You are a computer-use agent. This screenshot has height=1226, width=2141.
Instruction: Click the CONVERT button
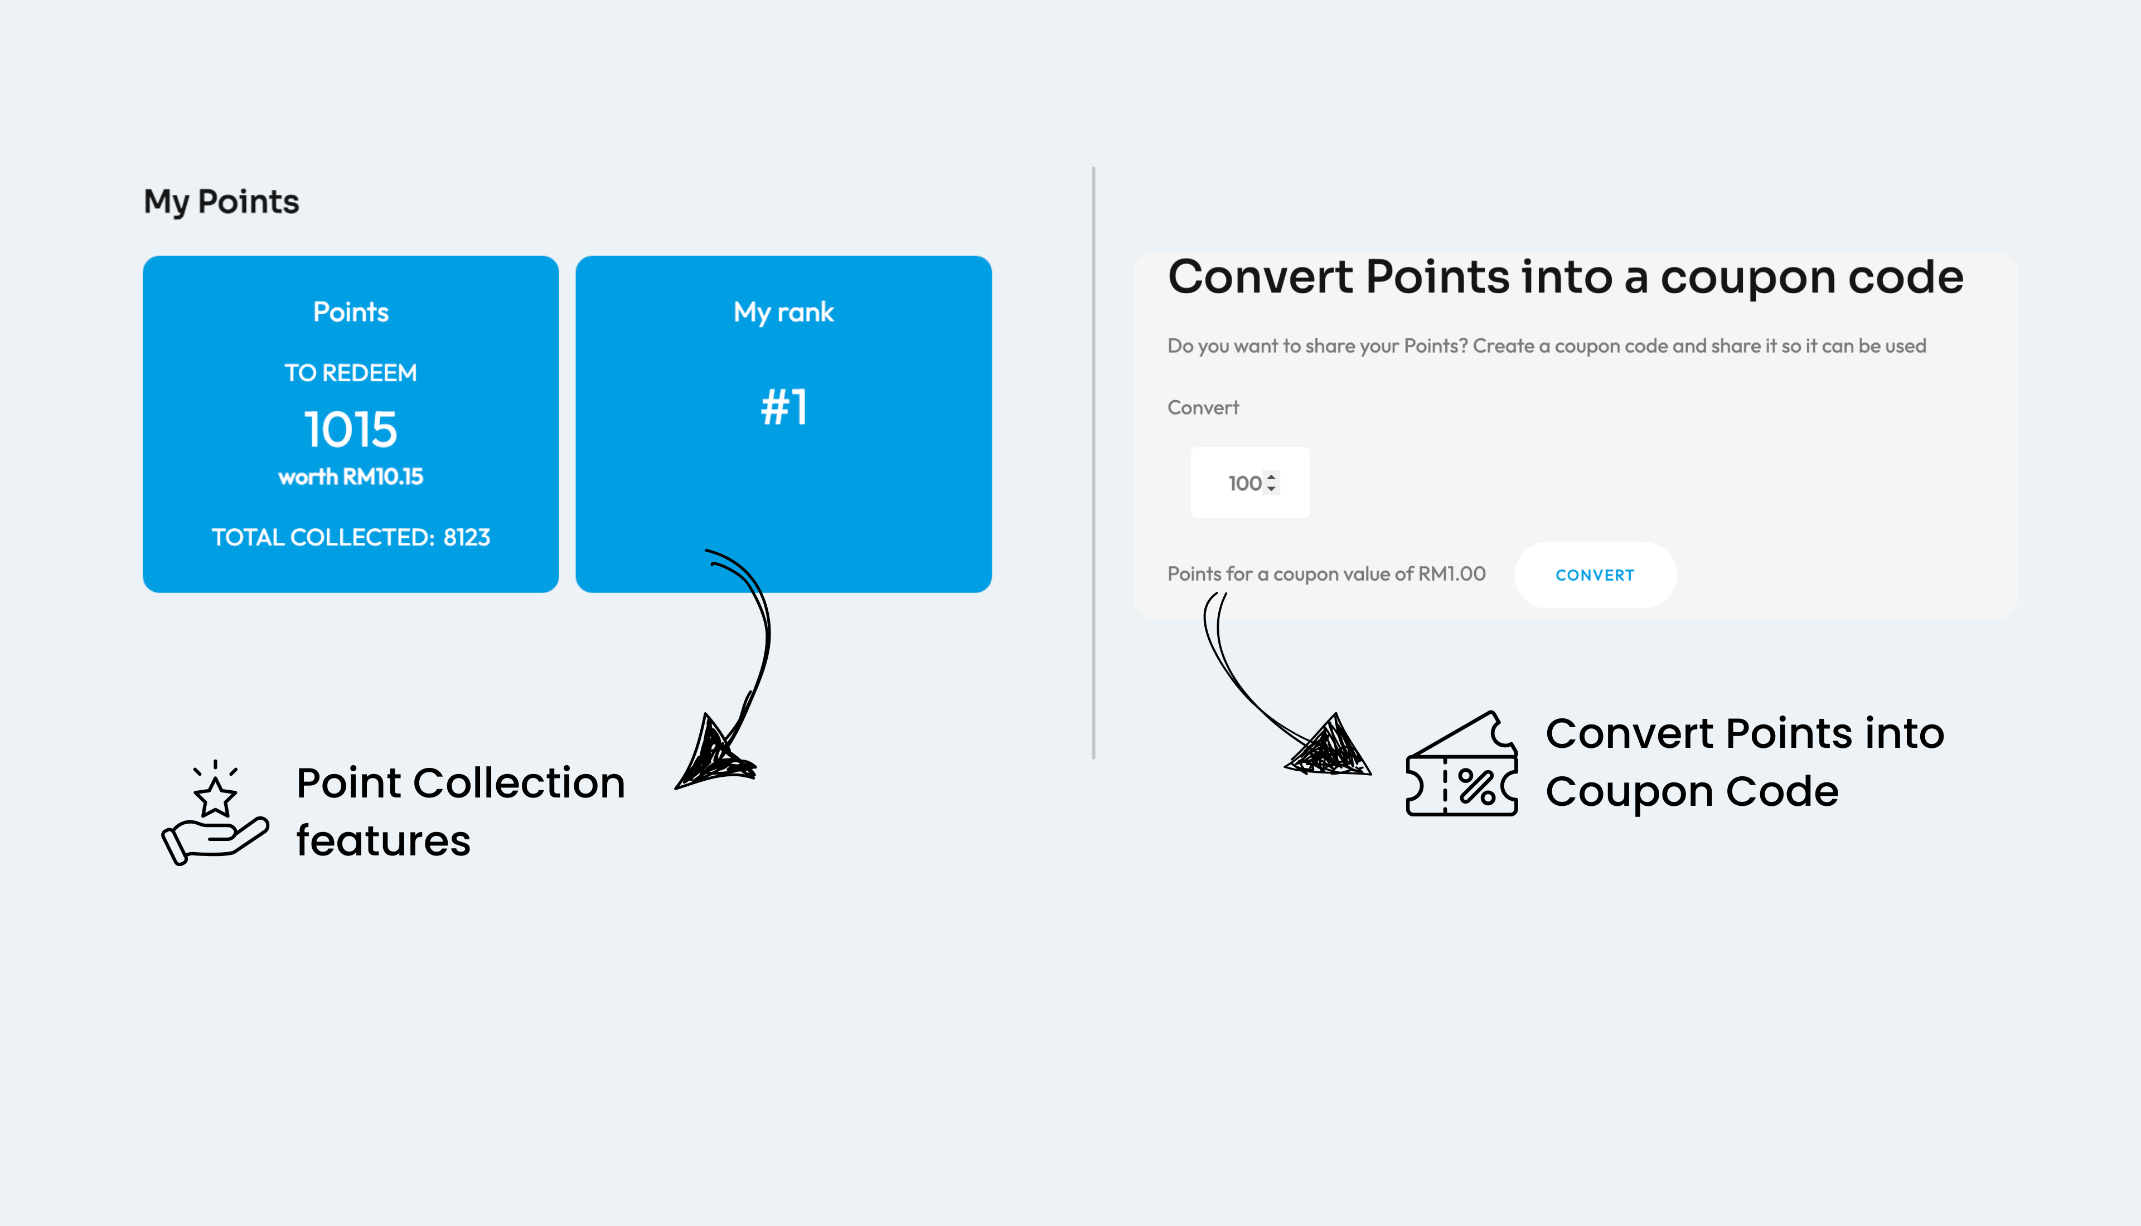pos(1595,575)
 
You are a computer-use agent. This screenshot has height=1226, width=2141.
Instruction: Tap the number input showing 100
pos(1250,483)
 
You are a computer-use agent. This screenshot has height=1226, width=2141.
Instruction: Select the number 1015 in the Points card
pos(350,430)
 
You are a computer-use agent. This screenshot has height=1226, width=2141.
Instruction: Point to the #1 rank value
pos(784,407)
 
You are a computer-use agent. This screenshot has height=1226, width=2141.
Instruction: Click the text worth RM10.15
pos(350,476)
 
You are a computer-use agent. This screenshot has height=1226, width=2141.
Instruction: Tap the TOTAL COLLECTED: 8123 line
pos(350,537)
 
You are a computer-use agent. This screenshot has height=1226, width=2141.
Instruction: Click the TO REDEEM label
pos(350,373)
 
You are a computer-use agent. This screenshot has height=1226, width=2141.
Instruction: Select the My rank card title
pos(784,313)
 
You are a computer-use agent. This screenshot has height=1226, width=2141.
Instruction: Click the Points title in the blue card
pos(350,313)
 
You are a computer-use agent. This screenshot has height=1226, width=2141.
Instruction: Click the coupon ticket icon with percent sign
pos(1462,763)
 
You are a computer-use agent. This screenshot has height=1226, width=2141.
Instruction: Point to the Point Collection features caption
pos(461,812)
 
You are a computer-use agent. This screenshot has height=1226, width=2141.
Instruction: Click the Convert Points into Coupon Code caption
pos(1744,762)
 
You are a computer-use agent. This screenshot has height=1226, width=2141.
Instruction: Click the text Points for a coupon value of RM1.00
pos(1326,574)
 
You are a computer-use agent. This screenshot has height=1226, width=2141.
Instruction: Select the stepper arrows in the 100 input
pos(1272,483)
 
